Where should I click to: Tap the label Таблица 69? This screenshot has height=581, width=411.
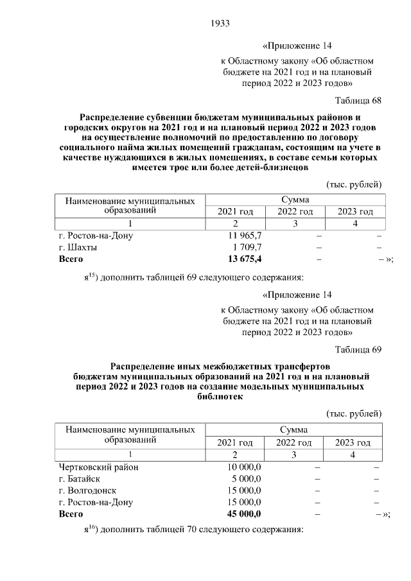pyautogui.click(x=358, y=349)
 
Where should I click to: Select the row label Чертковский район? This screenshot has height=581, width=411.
pyautogui.click(x=98, y=467)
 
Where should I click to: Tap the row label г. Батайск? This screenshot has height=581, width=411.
pyautogui.click(x=79, y=478)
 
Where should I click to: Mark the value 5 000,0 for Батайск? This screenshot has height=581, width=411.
pyautogui.click(x=248, y=478)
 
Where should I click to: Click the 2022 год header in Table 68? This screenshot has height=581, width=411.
pyautogui.click(x=295, y=211)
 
